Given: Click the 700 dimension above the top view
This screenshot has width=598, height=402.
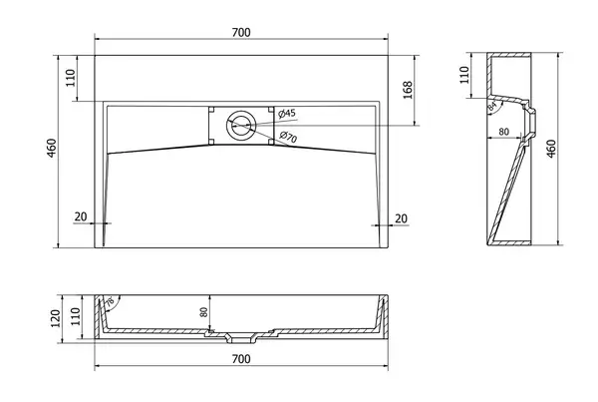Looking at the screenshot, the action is [x=241, y=33].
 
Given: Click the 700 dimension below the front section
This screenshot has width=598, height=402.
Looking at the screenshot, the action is [x=241, y=359].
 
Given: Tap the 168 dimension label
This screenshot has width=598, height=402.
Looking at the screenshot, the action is [x=408, y=90].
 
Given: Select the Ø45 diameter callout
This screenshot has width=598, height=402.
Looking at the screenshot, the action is [x=287, y=114].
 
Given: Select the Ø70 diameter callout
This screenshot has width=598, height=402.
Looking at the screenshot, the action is [x=288, y=137].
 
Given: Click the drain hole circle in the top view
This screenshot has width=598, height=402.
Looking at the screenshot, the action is [x=240, y=125].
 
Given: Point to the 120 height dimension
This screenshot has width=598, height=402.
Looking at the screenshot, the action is [x=55, y=318].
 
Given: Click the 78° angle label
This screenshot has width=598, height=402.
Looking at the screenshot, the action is [x=110, y=302].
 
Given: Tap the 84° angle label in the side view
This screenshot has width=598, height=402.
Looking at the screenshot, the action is [x=492, y=106].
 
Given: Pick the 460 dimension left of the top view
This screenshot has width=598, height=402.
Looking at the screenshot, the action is [x=51, y=149].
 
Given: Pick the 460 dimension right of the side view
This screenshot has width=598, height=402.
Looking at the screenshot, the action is [x=551, y=149].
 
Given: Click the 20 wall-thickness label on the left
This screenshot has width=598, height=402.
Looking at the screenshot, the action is [x=81, y=216].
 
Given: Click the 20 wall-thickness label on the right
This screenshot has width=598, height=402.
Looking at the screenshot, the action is [x=401, y=218].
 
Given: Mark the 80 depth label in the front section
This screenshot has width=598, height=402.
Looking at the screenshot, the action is [x=204, y=312].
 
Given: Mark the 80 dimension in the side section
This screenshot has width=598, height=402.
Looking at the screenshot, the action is [x=503, y=132].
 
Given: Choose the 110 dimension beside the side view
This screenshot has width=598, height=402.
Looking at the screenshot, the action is [x=464, y=75].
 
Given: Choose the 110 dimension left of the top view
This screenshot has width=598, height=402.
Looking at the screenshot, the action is [x=71, y=78].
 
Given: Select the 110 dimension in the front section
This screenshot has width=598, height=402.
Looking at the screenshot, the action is [x=75, y=316].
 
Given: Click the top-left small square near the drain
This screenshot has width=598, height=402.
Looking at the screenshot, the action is [x=211, y=109].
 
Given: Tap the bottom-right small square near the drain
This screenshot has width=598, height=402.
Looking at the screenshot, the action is [x=271, y=142].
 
